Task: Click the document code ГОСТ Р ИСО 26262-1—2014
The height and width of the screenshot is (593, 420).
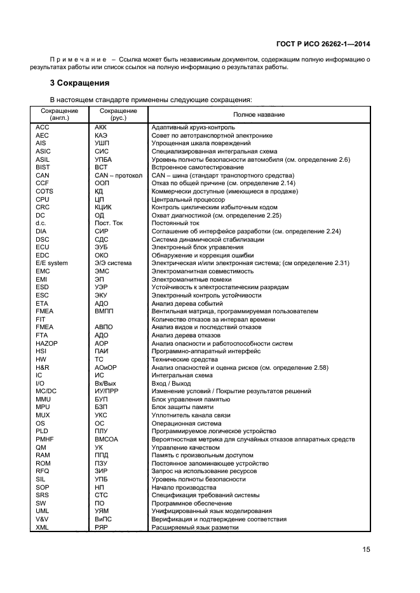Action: coord(323,44)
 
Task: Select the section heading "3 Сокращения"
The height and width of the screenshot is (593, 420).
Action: coord(79,83)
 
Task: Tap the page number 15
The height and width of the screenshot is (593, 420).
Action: coord(367,550)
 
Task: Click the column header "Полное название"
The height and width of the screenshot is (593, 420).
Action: coord(259,114)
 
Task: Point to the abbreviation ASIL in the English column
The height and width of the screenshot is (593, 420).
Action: coord(44,159)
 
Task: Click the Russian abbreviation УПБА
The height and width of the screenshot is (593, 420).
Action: coord(104,159)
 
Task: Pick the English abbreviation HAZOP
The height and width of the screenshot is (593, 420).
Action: coord(48,343)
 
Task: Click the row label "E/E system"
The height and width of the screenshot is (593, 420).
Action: coord(52,263)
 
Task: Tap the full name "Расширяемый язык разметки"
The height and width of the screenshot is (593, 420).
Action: coord(194,528)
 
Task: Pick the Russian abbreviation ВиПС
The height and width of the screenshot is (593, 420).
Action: coord(104,519)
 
